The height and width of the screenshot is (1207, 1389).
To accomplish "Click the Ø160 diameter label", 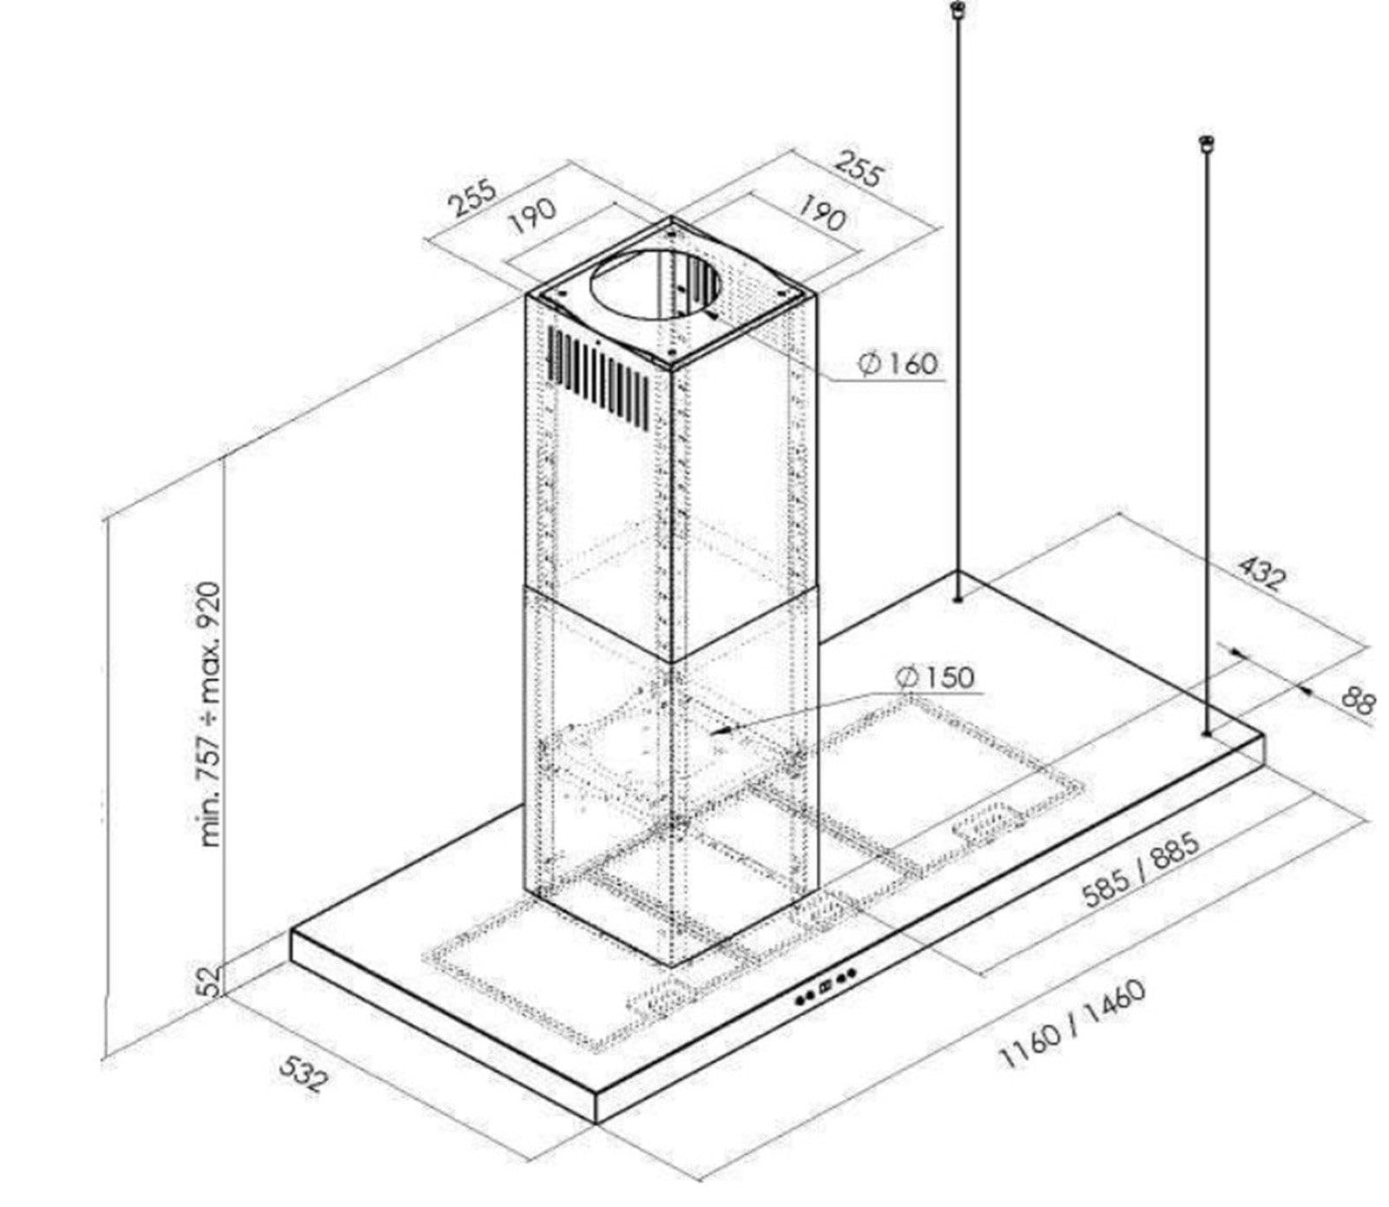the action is coord(899,363).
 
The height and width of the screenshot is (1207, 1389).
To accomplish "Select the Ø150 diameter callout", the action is coord(936,676).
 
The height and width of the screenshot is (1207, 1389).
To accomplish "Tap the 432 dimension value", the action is coord(1260,574).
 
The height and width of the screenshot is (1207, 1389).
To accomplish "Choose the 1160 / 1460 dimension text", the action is coord(1074,1024).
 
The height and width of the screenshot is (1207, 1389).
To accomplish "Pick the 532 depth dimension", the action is coord(304,1073).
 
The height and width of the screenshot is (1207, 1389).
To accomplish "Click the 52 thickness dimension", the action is coord(208,982).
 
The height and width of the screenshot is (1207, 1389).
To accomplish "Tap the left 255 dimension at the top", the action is coord(473,197).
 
